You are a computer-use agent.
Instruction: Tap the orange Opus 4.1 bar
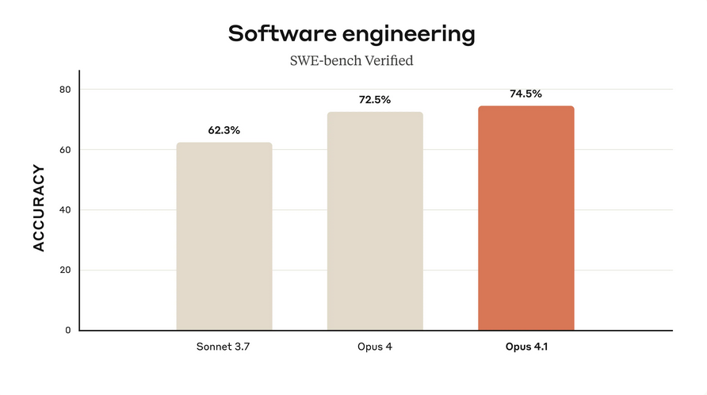click(525, 218)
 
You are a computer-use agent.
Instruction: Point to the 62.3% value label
click(224, 131)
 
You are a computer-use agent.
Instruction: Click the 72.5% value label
click(375, 100)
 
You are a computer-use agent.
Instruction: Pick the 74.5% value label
click(525, 94)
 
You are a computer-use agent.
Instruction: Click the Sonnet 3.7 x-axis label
click(224, 347)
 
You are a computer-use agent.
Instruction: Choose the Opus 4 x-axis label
click(375, 347)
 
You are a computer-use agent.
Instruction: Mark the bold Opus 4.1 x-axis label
click(525, 347)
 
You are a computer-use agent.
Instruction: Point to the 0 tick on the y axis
click(68, 330)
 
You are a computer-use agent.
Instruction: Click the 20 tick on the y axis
click(66, 270)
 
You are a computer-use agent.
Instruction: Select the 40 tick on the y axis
click(66, 210)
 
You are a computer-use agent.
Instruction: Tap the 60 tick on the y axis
click(66, 150)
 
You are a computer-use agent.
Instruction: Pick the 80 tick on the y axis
click(66, 90)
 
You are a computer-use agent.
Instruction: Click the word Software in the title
click(277, 34)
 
